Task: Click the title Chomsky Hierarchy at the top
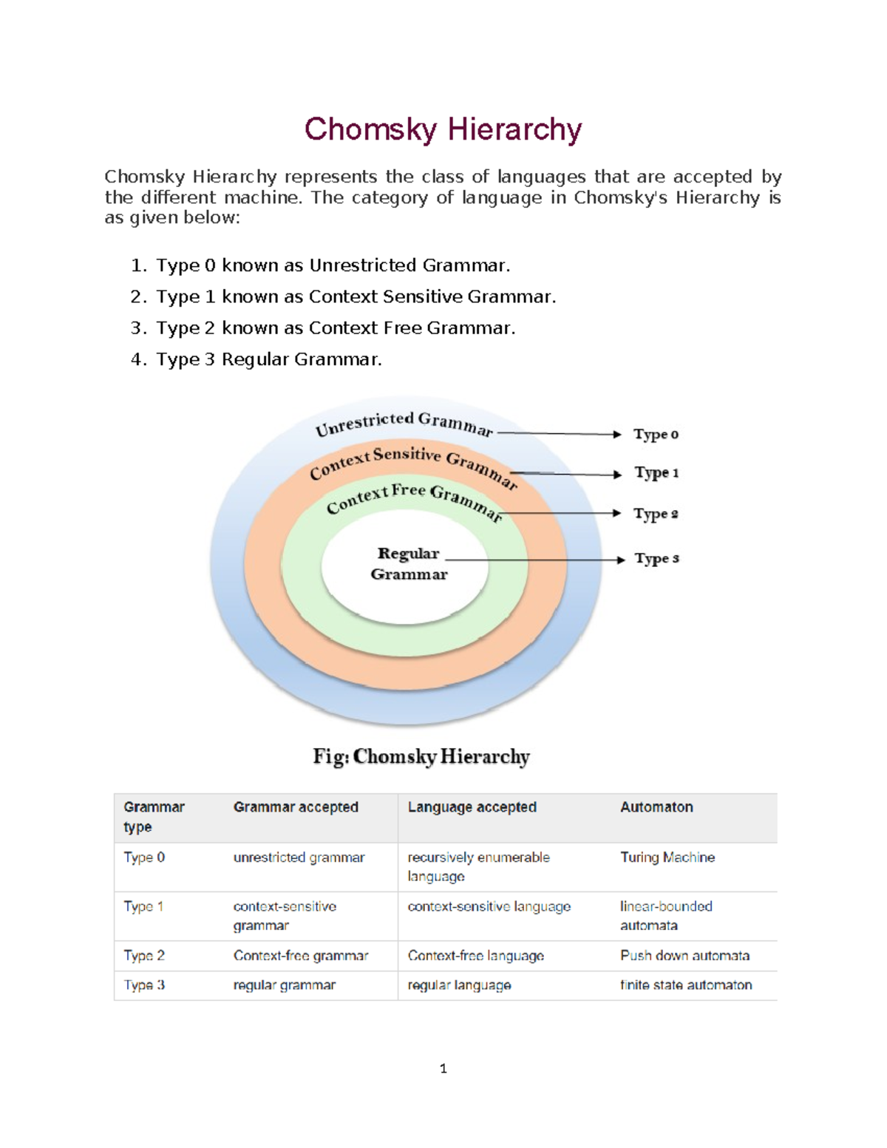[x=443, y=129]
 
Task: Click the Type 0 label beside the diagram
[x=656, y=435]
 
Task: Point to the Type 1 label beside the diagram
[x=656, y=473]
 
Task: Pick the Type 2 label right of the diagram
[x=656, y=514]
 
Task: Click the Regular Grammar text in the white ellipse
[x=409, y=564]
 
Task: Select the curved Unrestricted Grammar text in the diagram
[x=404, y=424]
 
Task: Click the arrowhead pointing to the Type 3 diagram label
[x=621, y=560]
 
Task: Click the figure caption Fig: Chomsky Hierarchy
[x=421, y=756]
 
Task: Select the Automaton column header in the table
[x=656, y=807]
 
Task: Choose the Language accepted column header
[x=472, y=807]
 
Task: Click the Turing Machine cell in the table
[x=667, y=857]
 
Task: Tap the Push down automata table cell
[x=684, y=956]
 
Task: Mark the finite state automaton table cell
[x=686, y=985]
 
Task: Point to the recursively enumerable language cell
[x=478, y=866]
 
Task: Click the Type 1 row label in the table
[x=143, y=906]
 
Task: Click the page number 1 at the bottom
[x=443, y=1068]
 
